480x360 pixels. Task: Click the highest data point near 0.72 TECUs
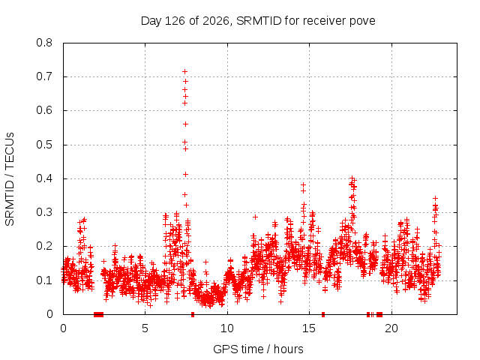pyautogui.click(x=185, y=72)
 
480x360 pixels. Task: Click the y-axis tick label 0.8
pyautogui.click(x=44, y=43)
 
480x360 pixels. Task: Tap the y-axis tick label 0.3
pyautogui.click(x=44, y=212)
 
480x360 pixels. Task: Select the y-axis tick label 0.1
pyautogui.click(x=44, y=280)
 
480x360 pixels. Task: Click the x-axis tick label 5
pyautogui.click(x=145, y=328)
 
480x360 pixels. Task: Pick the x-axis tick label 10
pyautogui.click(x=227, y=328)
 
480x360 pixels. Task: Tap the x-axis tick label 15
pyautogui.click(x=309, y=328)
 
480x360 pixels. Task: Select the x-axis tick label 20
pyautogui.click(x=391, y=328)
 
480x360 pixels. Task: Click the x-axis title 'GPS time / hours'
pyautogui.click(x=258, y=349)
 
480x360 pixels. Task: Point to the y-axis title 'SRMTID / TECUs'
pyautogui.click(x=10, y=179)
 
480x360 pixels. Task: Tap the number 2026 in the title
pyautogui.click(x=216, y=21)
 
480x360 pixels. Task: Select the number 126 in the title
pyautogui.click(x=175, y=21)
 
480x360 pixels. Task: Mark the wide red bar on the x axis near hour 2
pyautogui.click(x=98, y=314)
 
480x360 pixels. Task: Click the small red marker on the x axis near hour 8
pyautogui.click(x=193, y=314)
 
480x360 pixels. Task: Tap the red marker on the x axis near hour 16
pyautogui.click(x=323, y=314)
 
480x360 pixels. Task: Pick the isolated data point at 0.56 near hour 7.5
pyautogui.click(x=185, y=124)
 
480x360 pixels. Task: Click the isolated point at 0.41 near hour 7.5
pyautogui.click(x=185, y=174)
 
